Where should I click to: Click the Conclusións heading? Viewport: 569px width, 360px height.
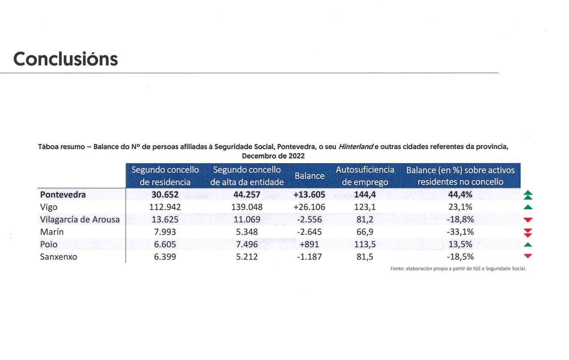pyautogui.click(x=65, y=59)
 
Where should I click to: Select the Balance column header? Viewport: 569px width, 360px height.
pyautogui.click(x=309, y=176)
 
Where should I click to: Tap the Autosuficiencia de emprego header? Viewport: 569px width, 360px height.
pyautogui.click(x=365, y=176)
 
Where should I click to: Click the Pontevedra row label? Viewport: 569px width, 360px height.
pyautogui.click(x=63, y=195)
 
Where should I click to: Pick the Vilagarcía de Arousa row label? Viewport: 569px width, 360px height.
pyautogui.click(x=80, y=219)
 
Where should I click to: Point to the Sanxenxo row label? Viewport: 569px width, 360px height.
pyautogui.click(x=58, y=256)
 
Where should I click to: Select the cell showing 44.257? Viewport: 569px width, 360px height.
pyautogui.click(x=247, y=195)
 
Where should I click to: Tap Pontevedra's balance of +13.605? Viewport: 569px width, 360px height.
pyautogui.click(x=309, y=195)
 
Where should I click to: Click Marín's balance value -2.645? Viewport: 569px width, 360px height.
pyautogui.click(x=309, y=232)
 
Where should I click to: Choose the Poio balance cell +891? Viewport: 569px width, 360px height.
pyautogui.click(x=309, y=244)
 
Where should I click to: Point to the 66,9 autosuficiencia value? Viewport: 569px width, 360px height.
pyautogui.click(x=365, y=232)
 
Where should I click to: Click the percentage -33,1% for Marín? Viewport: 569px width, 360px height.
pyautogui.click(x=460, y=232)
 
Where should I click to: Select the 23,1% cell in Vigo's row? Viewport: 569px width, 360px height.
pyautogui.click(x=460, y=207)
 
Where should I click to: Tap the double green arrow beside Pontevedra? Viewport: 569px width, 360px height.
pyautogui.click(x=528, y=195)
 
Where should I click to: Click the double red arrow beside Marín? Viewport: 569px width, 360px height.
pyautogui.click(x=528, y=232)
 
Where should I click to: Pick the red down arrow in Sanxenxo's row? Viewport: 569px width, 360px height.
pyautogui.click(x=528, y=256)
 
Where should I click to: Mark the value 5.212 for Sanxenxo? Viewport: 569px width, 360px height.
pyautogui.click(x=247, y=256)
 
